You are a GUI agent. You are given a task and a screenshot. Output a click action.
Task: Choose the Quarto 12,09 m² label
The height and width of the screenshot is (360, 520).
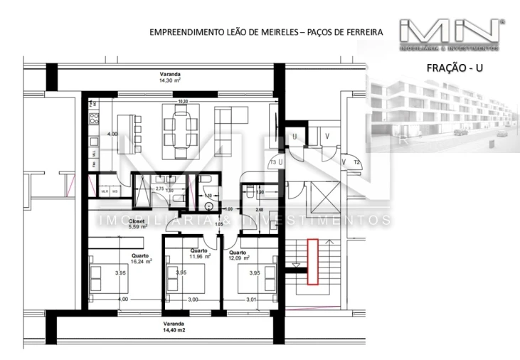tap(240, 255)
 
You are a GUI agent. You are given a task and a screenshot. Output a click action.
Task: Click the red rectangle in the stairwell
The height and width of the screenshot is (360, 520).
tap(312, 261)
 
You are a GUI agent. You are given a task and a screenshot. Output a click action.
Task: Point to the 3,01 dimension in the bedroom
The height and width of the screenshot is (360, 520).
tap(251, 300)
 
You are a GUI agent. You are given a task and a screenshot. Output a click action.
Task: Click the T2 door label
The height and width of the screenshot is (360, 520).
tap(357, 162)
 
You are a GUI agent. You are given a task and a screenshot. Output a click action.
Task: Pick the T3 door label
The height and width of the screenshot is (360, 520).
tap(272, 163)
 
